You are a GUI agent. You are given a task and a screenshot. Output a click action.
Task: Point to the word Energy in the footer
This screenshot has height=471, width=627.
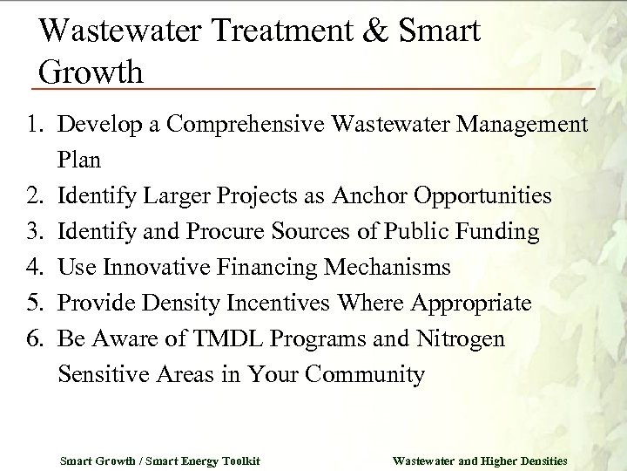click(197, 459)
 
